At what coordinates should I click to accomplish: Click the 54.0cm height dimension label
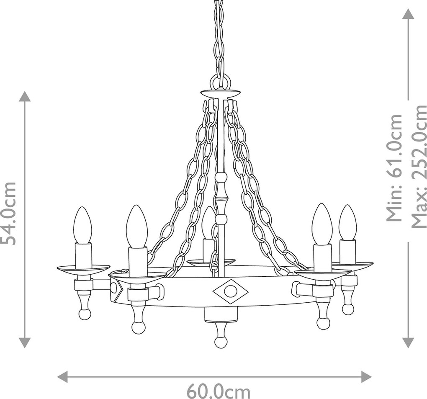click(8, 209)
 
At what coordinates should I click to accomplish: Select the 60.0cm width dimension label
click(219, 391)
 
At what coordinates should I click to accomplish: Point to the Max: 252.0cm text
click(418, 166)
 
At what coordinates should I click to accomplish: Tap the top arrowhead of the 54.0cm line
click(25, 97)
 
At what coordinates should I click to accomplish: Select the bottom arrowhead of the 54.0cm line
click(25, 342)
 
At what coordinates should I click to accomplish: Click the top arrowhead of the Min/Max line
click(408, 14)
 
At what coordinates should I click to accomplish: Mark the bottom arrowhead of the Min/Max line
click(408, 342)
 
